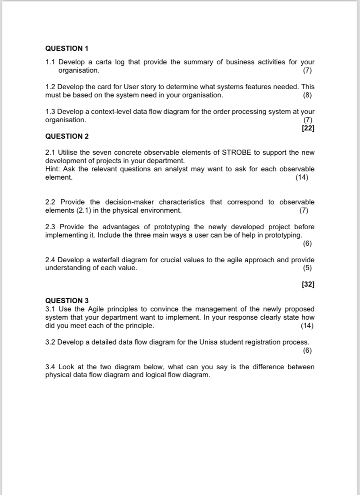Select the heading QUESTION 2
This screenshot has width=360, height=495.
(x=67, y=136)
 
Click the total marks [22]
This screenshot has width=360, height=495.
(x=308, y=128)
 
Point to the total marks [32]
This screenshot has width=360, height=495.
(x=308, y=284)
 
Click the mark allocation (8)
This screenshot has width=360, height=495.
(x=308, y=95)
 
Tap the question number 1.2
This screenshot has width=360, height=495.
(x=50, y=87)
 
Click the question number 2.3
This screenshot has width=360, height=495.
(x=50, y=227)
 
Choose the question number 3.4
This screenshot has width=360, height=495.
(x=50, y=367)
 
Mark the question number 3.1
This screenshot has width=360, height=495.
(x=50, y=309)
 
